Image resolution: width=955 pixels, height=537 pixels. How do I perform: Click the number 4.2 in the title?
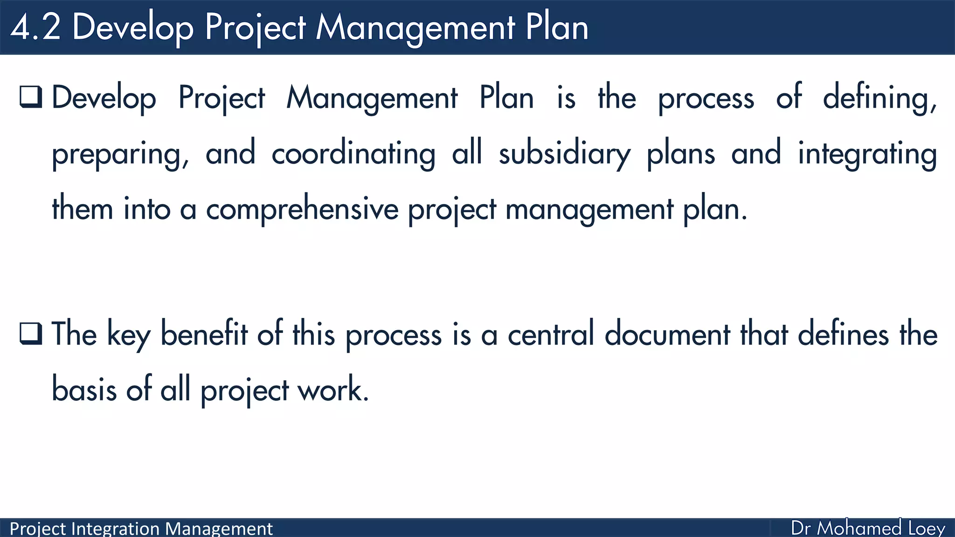(x=35, y=27)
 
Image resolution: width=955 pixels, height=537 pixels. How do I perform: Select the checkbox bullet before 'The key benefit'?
(x=31, y=333)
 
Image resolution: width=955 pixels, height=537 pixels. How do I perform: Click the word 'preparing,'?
(x=120, y=154)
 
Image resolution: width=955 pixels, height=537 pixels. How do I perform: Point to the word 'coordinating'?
(x=353, y=154)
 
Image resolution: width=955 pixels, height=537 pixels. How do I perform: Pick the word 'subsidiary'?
(x=564, y=154)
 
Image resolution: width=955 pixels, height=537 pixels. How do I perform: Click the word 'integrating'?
(x=867, y=154)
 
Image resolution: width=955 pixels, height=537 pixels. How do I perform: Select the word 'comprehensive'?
(x=302, y=209)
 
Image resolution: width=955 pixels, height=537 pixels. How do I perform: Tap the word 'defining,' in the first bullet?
(x=879, y=98)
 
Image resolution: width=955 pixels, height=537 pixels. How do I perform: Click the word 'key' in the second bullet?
(x=129, y=335)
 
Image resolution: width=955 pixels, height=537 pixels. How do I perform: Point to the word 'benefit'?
(x=204, y=334)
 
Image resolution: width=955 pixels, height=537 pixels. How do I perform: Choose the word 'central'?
(x=551, y=334)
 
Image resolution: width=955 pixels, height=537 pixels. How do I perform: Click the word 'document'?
(x=667, y=334)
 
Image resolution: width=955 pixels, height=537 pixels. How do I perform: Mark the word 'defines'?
(x=843, y=334)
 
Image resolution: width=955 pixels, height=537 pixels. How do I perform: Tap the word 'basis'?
(x=84, y=389)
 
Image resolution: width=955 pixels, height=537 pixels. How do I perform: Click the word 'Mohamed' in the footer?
(x=859, y=528)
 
